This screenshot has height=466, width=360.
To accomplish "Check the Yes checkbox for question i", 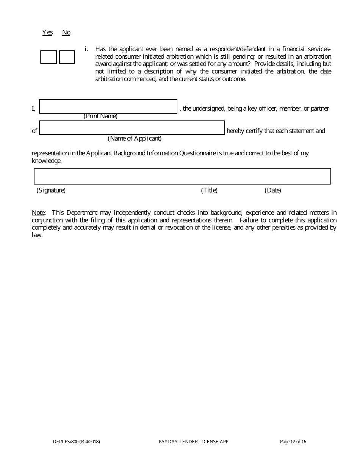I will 49,57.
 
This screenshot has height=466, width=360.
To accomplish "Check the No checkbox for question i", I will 67,57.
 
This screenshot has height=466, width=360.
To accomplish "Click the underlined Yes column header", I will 47,33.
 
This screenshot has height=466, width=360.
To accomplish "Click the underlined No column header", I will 66,33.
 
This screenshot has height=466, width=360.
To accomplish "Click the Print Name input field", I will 108,106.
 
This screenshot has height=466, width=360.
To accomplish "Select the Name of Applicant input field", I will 132,128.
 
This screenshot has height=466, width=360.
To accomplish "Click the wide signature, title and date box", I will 182,177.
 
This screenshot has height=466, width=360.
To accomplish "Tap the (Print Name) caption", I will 100,116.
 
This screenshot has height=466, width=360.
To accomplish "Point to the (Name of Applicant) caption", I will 135,138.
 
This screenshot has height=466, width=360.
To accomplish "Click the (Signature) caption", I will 51,190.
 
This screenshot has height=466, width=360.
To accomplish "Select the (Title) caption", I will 209,190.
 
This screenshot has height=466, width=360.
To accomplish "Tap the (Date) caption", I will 273,190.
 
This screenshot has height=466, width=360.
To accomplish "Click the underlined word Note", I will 38,213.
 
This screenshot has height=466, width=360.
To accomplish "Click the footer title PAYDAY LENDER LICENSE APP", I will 194,441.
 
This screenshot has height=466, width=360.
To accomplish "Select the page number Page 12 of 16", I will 293,441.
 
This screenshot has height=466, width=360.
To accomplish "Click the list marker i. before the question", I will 86,49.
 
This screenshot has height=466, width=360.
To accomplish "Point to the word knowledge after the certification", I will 46,161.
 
